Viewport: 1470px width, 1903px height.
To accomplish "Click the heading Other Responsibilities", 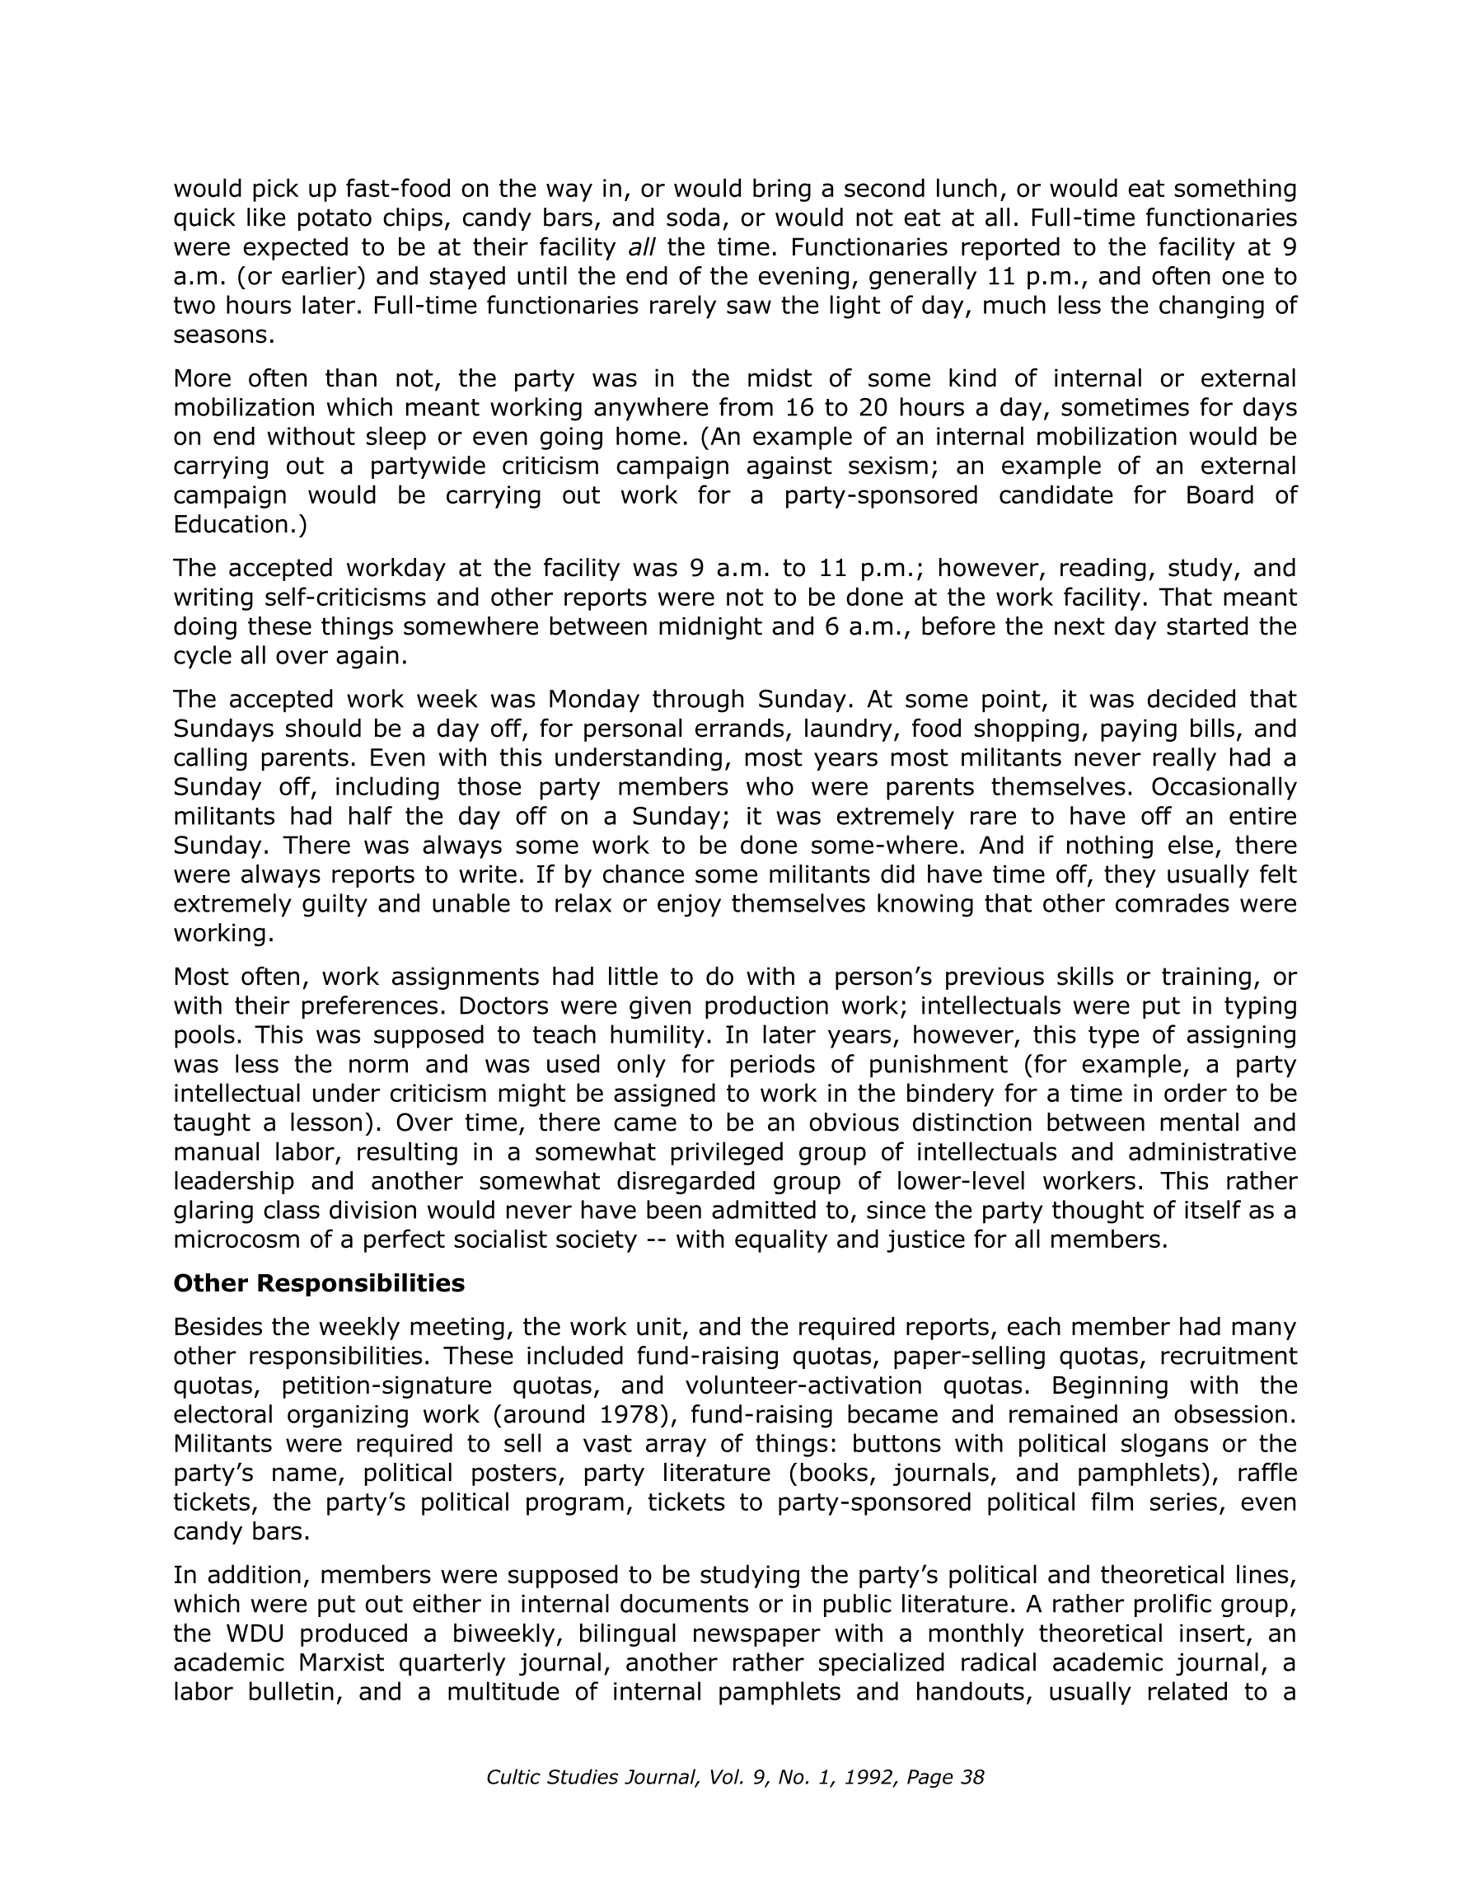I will (319, 1283).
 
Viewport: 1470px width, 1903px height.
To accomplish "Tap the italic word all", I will (641, 247).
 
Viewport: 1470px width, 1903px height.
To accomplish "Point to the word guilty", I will (334, 903).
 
